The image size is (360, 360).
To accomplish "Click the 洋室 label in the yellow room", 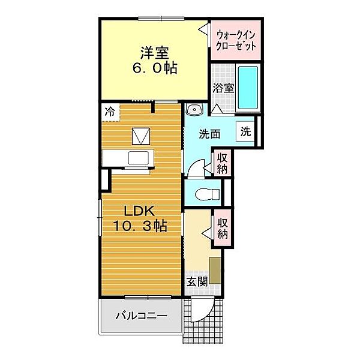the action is [x=155, y=53].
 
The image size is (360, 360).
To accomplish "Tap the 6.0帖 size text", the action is [x=155, y=68].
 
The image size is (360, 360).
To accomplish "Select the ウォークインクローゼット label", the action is [x=236, y=41].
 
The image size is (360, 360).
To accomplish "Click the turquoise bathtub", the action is [x=248, y=88].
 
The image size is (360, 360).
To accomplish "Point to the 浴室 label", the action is [x=223, y=88].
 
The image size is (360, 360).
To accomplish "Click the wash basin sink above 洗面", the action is [x=194, y=110].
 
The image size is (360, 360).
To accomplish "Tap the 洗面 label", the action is [x=209, y=134].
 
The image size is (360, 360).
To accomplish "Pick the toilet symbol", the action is [x=207, y=194].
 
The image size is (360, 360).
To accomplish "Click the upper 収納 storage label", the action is [x=222, y=163].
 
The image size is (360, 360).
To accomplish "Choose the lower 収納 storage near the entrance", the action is [x=222, y=228].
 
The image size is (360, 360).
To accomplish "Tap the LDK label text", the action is [x=139, y=211].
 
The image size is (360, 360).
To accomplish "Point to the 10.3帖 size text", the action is [x=140, y=226].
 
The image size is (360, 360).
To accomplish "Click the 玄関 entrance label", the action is [x=197, y=282].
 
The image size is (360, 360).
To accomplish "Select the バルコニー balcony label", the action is [x=142, y=316].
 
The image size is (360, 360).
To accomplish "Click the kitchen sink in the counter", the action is [x=139, y=158].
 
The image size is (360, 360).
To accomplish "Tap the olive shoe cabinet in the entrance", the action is [x=215, y=270].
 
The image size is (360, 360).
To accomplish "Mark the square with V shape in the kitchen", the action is [x=141, y=136].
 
